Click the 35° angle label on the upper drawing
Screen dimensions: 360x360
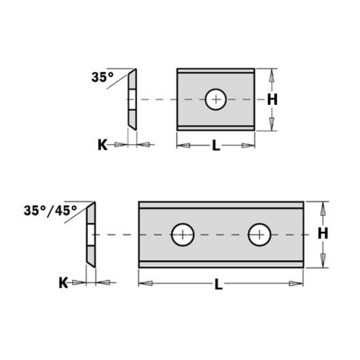(x=103, y=77)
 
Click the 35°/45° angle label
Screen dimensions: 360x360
(x=50, y=210)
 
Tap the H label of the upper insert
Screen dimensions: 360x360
(x=272, y=100)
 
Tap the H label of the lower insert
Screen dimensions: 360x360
(x=323, y=234)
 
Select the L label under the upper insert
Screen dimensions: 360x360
(x=216, y=145)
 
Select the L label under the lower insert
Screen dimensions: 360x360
(x=219, y=285)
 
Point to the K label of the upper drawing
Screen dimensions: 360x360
(x=103, y=145)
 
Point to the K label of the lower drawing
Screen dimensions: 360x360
(x=63, y=283)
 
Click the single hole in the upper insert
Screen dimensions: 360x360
(x=216, y=99)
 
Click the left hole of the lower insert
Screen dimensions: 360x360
(x=183, y=234)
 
